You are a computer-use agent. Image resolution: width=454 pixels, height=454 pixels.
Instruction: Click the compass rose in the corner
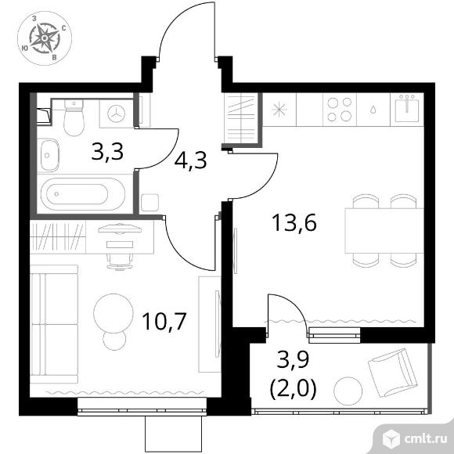pyautogui.click(x=45, y=38)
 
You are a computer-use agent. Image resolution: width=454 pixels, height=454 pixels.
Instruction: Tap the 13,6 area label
pyautogui.click(x=294, y=222)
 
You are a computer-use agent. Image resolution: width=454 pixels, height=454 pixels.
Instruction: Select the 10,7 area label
pyautogui.click(x=164, y=322)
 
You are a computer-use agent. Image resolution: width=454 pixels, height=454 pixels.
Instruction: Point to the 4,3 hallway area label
pyautogui.click(x=190, y=160)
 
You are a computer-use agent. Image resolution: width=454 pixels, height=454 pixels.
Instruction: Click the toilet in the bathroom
pyautogui.click(x=74, y=118)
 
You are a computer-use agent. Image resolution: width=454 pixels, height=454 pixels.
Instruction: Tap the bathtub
pyautogui.click(x=83, y=193)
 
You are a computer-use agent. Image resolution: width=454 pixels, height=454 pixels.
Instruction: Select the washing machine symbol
pyautogui.click(x=117, y=113)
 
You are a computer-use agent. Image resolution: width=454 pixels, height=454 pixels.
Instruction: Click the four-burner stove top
pyautogui.click(x=340, y=110)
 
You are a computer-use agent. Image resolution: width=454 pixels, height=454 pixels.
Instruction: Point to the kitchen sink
pyautogui.click(x=407, y=108)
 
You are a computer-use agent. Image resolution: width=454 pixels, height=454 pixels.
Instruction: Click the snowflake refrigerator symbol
pyautogui.click(x=279, y=110)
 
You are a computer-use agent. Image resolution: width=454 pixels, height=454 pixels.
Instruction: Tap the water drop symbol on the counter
pyautogui.click(x=373, y=110)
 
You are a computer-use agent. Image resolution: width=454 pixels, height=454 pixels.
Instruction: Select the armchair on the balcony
pyautogui.click(x=393, y=373)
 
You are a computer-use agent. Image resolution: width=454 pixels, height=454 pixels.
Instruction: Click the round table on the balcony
pyautogui.click(x=348, y=391)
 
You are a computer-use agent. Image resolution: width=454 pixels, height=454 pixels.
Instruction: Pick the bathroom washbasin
pyautogui.click(x=49, y=155)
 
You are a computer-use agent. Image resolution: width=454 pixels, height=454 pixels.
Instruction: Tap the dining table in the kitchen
pyautogui.click(x=384, y=231)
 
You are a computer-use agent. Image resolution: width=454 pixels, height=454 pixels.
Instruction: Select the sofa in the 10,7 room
pyautogui.click(x=54, y=325)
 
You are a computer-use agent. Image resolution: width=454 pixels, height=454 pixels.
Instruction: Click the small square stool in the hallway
pyautogui.click(x=150, y=203)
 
